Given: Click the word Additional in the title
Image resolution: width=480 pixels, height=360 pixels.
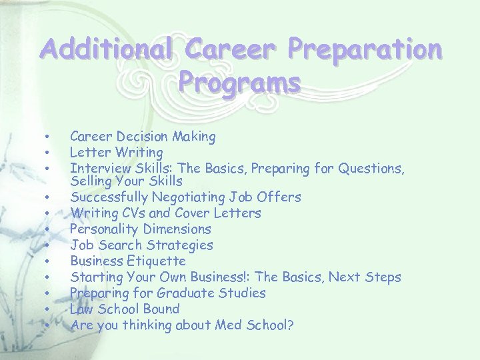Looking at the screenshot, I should (105, 49).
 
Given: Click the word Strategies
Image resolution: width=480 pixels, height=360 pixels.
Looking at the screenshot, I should (181, 245).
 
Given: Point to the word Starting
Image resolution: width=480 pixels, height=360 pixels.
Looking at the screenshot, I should (95, 277).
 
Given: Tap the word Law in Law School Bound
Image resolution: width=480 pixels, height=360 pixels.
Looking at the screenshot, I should (82, 309).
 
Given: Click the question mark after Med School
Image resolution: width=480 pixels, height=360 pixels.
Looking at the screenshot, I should (291, 325).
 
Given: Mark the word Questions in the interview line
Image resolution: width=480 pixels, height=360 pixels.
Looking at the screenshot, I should (371, 169).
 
